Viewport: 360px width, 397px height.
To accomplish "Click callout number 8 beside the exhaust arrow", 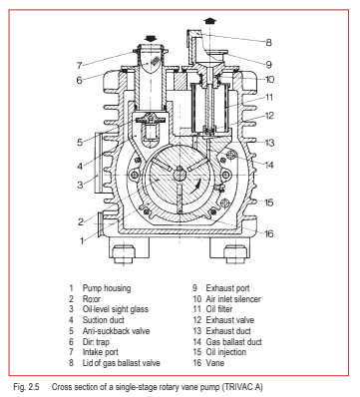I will click(295, 42).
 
